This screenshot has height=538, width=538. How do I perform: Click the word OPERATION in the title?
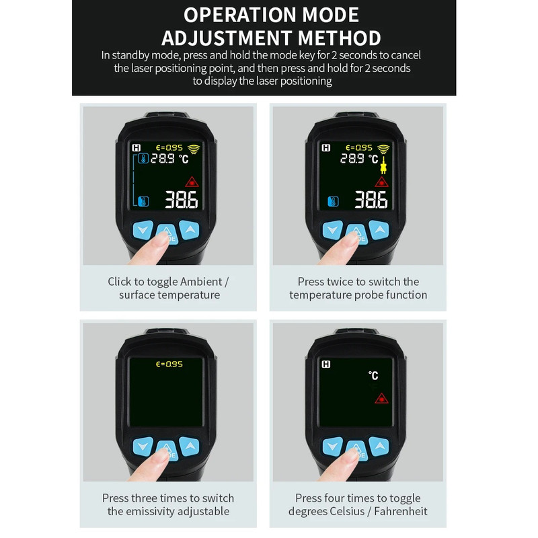click(x=240, y=15)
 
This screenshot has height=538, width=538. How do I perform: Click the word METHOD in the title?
click(x=340, y=38)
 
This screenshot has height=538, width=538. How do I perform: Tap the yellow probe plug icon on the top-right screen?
click(x=383, y=165)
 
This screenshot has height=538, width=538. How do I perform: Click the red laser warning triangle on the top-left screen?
click(x=192, y=182)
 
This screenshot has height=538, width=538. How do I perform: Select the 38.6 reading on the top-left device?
click(x=182, y=200)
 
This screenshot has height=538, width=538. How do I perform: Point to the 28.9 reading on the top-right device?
click(x=352, y=158)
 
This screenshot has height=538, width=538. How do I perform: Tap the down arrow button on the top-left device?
click(x=143, y=229)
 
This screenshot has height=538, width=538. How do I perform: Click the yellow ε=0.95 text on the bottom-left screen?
click(x=169, y=364)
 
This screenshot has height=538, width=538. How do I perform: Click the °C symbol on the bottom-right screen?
click(x=373, y=375)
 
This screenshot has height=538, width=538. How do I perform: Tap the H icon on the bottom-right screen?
click(x=326, y=364)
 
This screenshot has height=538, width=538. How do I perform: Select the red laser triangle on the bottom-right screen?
click(x=381, y=398)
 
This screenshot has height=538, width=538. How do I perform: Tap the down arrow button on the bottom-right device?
click(x=332, y=446)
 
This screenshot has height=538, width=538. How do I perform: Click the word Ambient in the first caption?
click(x=201, y=282)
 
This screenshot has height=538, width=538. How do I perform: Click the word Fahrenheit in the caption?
click(x=400, y=511)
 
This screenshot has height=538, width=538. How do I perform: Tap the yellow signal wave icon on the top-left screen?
click(x=194, y=149)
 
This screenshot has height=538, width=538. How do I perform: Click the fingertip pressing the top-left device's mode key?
click(x=160, y=239)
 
